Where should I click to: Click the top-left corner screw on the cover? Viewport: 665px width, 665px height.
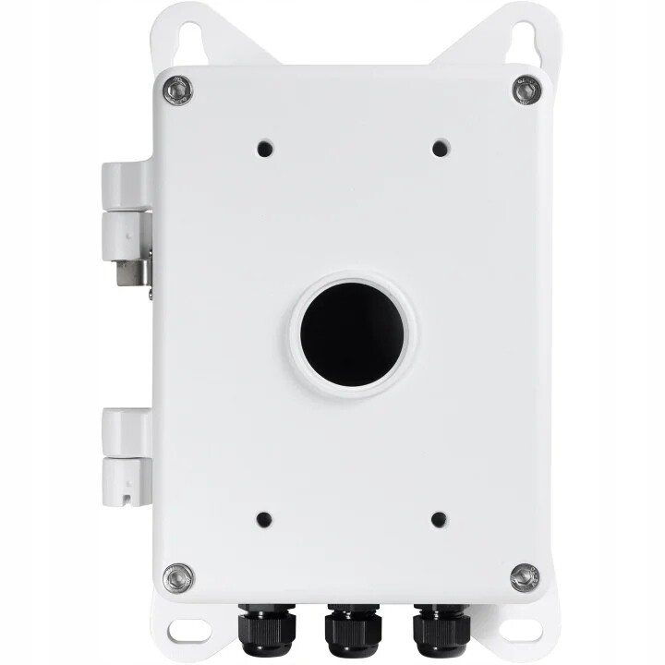pyautogui.click(x=177, y=90)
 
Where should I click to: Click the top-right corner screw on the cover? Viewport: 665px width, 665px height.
pyautogui.click(x=526, y=90)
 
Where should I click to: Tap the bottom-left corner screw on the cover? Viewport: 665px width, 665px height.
pyautogui.click(x=177, y=578)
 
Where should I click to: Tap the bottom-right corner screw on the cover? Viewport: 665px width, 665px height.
pyautogui.click(x=526, y=578)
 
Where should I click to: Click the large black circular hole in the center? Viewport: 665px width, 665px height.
pyautogui.click(x=353, y=331)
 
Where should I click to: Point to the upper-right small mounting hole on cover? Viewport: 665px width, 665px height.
pyautogui.click(x=439, y=147)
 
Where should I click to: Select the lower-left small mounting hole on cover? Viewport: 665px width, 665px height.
pyautogui.click(x=264, y=520)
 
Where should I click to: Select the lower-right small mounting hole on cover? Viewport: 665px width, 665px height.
pyautogui.click(x=439, y=520)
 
